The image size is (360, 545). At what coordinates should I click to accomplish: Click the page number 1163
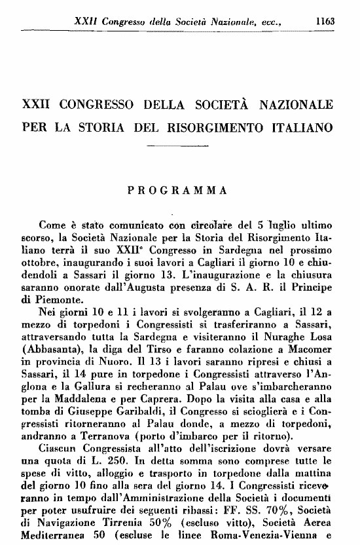click(x=325, y=21)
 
